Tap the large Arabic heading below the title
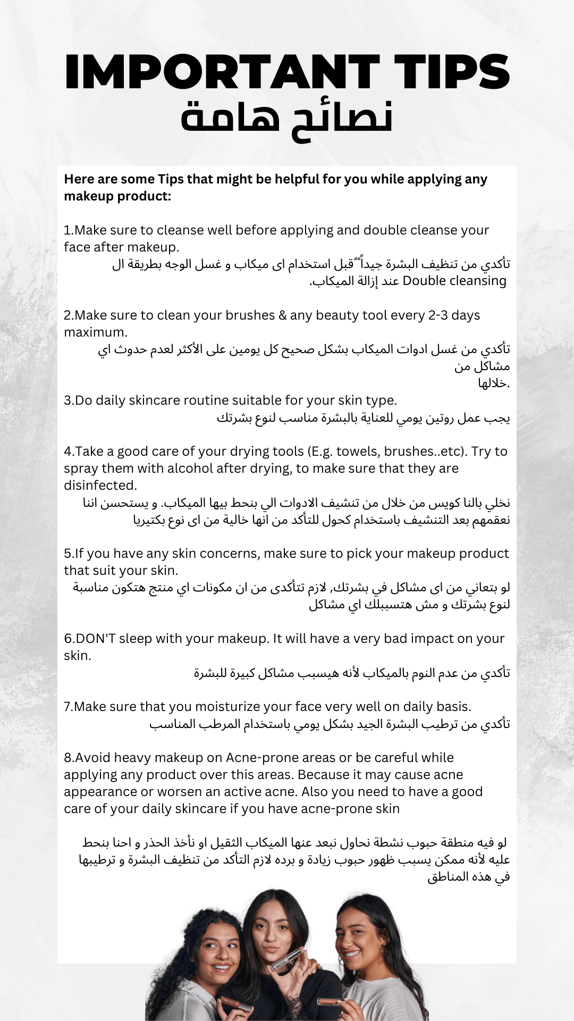pyautogui.click(x=287, y=118)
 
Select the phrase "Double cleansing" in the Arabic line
pyautogui.click(x=454, y=281)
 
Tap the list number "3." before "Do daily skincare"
pyautogui.click(x=69, y=400)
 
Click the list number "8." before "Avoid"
pyautogui.click(x=69, y=758)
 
